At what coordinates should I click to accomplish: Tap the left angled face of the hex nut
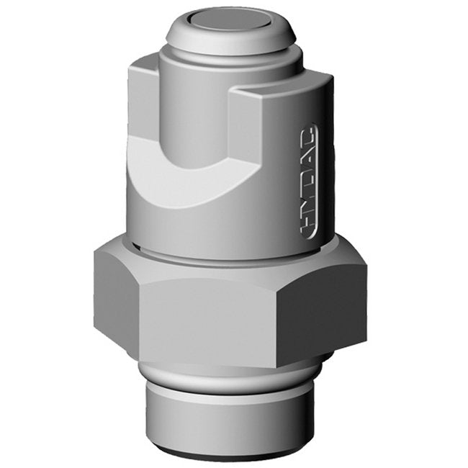pyautogui.click(x=115, y=295)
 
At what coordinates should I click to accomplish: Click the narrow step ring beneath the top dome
pyautogui.click(x=230, y=54)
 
